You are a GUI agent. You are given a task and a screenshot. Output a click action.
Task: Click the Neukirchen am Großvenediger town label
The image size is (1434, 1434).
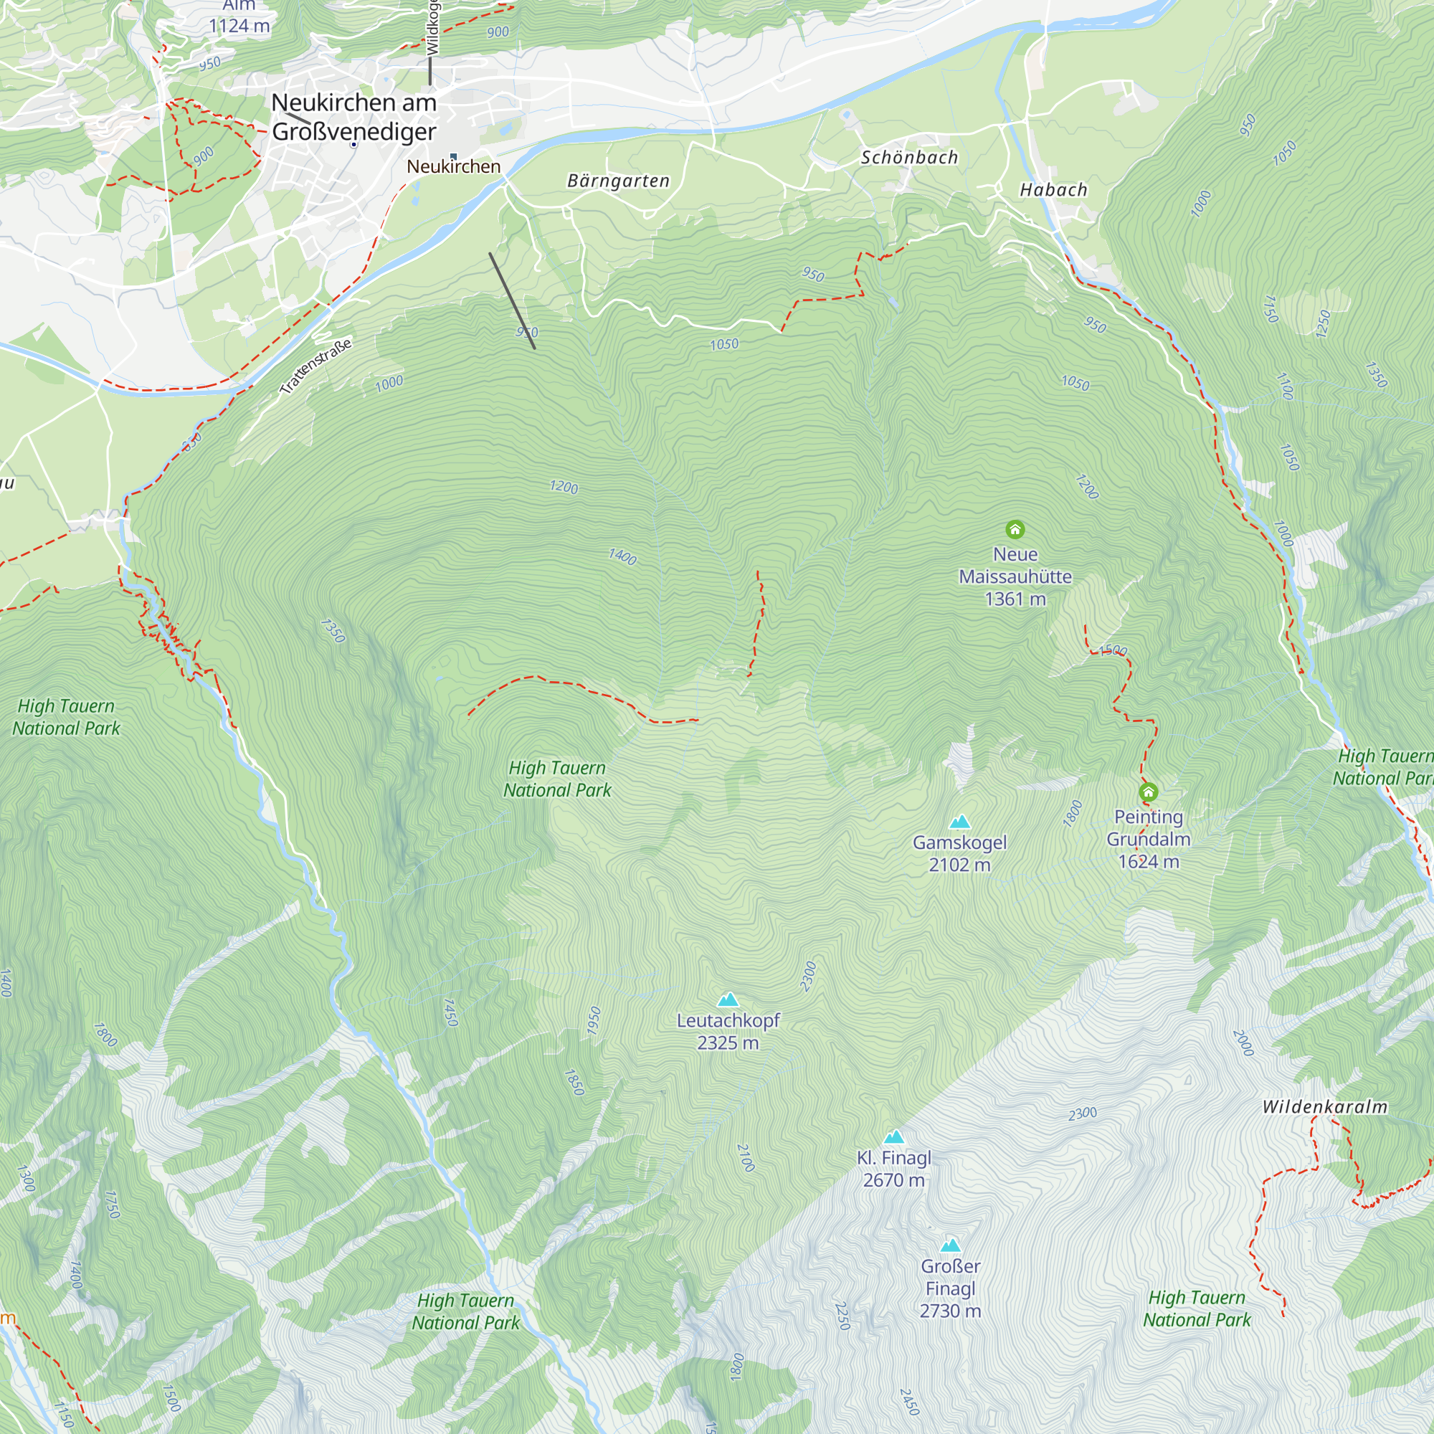point(354,117)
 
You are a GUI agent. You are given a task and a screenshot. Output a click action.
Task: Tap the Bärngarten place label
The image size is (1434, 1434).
point(618,181)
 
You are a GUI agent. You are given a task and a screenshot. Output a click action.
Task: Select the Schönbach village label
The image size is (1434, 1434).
point(909,157)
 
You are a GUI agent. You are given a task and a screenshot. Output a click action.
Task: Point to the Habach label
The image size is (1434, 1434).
point(1053,190)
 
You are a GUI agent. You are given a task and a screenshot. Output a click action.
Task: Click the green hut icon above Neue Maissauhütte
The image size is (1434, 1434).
point(1015,529)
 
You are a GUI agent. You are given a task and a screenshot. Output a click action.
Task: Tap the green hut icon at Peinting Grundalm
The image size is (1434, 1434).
point(1147,792)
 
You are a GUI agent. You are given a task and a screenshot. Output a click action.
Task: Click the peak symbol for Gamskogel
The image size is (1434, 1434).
point(960,822)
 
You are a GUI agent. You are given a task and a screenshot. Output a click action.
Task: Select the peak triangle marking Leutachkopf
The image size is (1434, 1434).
point(728,999)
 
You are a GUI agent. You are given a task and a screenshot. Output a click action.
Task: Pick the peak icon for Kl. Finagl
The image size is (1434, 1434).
point(893,1137)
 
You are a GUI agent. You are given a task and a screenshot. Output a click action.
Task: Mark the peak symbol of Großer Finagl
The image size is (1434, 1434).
point(950,1245)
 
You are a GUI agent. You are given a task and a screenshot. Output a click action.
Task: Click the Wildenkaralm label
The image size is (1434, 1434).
point(1324,1106)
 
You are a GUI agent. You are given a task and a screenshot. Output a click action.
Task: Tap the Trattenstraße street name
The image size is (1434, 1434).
point(315,366)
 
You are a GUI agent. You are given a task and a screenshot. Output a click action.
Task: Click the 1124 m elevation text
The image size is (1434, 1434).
point(239,26)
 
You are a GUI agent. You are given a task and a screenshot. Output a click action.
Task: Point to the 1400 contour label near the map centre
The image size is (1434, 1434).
point(622,556)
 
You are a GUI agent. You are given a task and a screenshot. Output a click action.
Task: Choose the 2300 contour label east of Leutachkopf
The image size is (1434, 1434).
point(808,976)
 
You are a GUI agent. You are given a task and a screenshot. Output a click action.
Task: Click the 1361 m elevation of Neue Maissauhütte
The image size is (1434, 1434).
point(1015,599)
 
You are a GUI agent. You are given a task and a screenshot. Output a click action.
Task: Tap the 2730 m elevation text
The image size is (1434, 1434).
point(950,1311)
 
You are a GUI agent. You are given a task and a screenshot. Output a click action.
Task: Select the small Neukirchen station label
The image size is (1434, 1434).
point(454,166)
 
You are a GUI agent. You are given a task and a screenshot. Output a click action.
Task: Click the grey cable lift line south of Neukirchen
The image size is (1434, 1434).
point(512,300)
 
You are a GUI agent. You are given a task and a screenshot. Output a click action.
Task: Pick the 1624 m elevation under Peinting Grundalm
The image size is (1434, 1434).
point(1148,862)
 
